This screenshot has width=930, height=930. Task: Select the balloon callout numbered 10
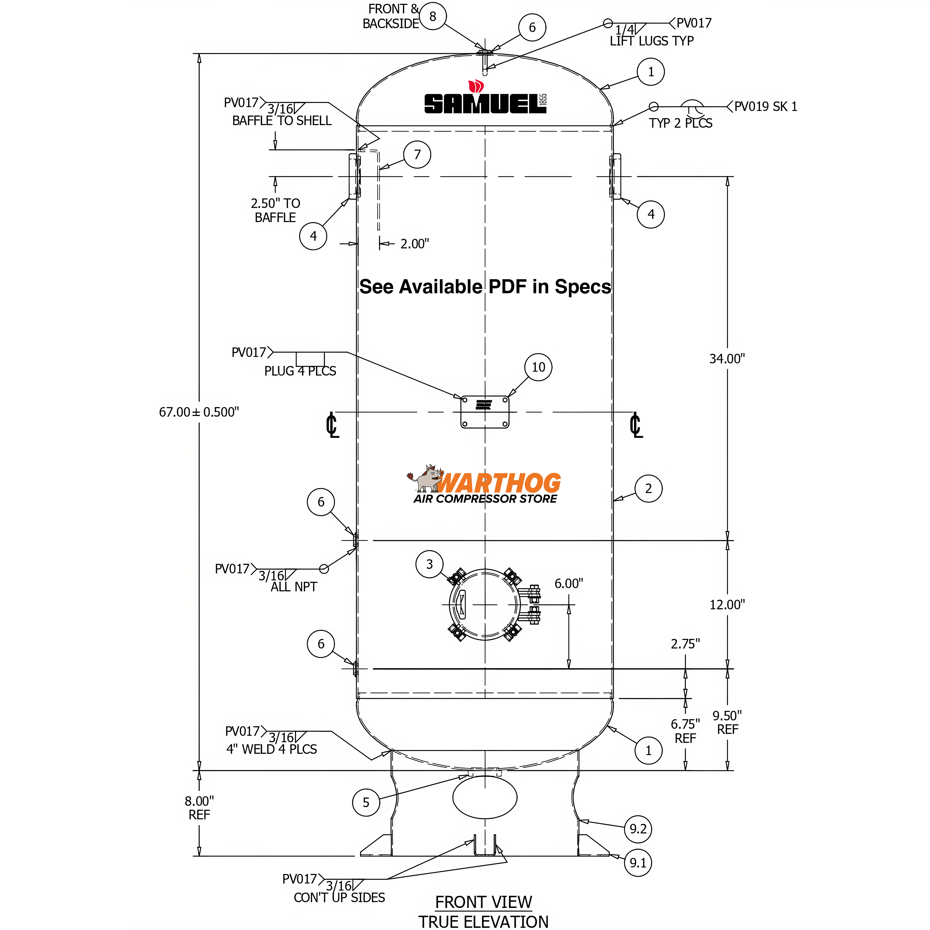point(538,367)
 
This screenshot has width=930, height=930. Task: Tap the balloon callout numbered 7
point(417,155)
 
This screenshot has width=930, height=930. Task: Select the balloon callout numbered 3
point(429,564)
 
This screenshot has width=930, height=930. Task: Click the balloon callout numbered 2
point(648,489)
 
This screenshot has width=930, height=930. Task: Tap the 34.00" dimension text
point(727,359)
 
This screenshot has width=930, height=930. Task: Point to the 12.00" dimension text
point(727,604)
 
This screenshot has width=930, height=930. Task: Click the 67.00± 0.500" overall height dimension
point(199,412)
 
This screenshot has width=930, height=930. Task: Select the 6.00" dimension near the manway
point(569,583)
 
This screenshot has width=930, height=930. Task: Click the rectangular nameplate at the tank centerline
point(485,412)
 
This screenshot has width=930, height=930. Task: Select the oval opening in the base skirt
point(485,798)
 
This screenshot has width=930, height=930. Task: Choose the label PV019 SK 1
point(765,106)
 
